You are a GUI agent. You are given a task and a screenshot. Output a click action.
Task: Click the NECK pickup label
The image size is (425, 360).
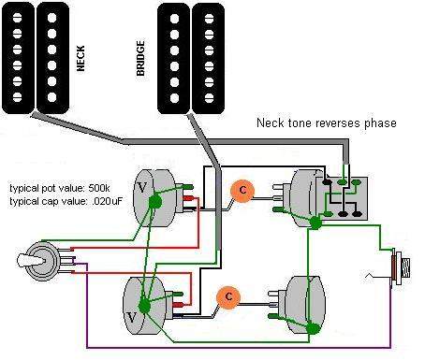[x=81, y=59]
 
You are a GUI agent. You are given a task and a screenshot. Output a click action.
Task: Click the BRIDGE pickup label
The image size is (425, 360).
[x=140, y=58]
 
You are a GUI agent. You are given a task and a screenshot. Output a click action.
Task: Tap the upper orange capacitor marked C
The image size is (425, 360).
[x=242, y=191]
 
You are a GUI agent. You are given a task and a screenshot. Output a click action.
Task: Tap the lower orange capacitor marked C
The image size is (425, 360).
[x=228, y=296]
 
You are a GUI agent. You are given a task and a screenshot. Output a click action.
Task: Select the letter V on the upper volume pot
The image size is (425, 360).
[x=141, y=188]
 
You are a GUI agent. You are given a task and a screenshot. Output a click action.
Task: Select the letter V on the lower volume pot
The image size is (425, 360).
[x=132, y=318]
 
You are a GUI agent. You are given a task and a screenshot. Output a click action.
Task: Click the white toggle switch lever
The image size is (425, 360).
[x=31, y=261]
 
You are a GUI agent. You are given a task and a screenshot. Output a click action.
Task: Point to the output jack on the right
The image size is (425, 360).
[x=401, y=267]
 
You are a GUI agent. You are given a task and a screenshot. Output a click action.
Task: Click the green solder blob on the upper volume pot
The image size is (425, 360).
[x=155, y=202]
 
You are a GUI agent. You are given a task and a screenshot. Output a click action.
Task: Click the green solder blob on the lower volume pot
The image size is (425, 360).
[x=144, y=306]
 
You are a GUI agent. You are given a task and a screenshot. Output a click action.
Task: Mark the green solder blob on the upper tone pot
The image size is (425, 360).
[x=315, y=223]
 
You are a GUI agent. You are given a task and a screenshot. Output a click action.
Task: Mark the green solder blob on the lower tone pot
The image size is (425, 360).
[x=313, y=328]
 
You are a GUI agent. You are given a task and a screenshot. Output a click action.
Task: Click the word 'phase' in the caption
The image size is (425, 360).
[x=380, y=123]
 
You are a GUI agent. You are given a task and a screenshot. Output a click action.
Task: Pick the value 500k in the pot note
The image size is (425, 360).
[x=99, y=188]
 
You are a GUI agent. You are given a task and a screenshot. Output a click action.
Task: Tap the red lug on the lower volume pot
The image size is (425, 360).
[x=178, y=305]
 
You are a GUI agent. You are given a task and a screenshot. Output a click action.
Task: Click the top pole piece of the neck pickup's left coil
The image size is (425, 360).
[x=17, y=18]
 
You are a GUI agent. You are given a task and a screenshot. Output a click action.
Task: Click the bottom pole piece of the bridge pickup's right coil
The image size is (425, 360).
[x=209, y=98]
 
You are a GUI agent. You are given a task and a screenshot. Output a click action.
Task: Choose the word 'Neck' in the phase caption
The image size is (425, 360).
[x=271, y=122]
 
